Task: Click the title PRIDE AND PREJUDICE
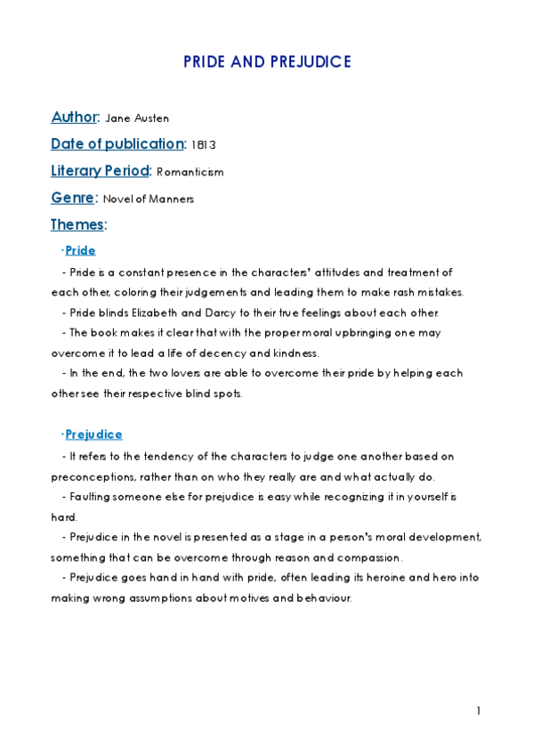[267, 61]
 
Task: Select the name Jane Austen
[137, 118]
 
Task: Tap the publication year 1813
[203, 145]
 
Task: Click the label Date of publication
[117, 143]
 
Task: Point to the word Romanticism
[190, 172]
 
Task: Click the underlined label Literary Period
[101, 170]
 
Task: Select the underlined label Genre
[72, 198]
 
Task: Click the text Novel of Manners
[148, 199]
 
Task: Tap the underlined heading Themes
[77, 224]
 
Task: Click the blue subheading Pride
[80, 250]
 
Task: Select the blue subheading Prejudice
[93, 434]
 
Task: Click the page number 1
[479, 710]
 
